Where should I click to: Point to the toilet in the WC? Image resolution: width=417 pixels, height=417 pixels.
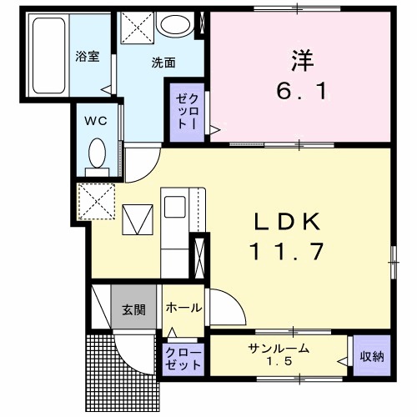97,155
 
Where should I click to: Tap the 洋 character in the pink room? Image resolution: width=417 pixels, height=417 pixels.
301,59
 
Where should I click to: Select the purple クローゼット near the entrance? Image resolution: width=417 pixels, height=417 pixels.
183,359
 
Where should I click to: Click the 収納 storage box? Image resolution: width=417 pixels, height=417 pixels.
372,356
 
